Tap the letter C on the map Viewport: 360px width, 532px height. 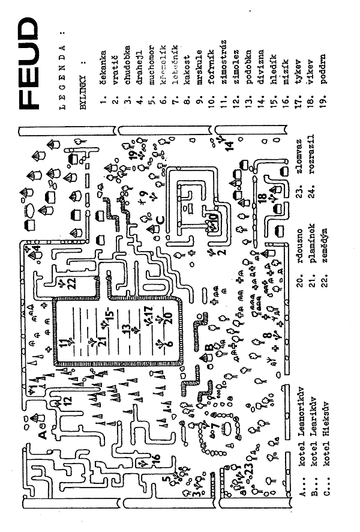(159, 218)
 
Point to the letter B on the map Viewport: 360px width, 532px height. (208, 347)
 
